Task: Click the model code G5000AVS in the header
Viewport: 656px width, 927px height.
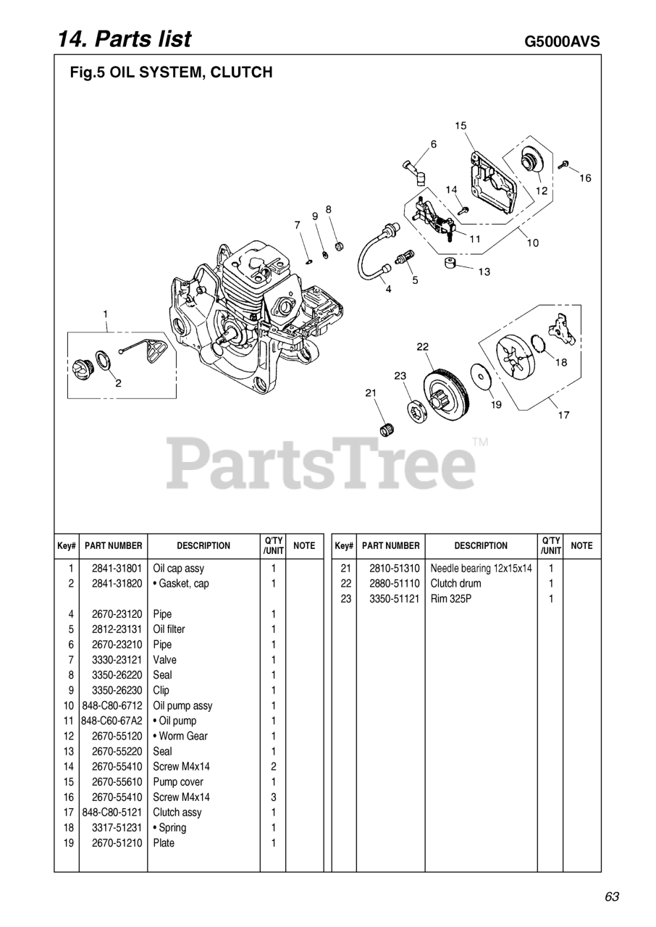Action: [562, 41]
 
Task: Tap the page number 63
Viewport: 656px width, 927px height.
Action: [612, 897]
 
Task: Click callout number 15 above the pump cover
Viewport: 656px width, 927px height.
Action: [461, 126]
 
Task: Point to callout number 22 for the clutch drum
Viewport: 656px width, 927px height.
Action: [423, 347]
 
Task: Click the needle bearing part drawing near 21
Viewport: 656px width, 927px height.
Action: [387, 427]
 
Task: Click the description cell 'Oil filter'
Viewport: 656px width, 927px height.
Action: [169, 629]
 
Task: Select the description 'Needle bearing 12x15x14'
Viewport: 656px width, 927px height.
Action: [481, 569]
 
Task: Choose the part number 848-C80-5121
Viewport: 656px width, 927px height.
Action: [112, 813]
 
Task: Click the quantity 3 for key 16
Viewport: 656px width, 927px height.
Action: [274, 797]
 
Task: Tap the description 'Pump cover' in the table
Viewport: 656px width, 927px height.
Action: [178, 782]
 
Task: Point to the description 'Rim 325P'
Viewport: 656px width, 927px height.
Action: [450, 599]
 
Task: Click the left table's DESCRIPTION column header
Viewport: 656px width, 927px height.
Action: [203, 546]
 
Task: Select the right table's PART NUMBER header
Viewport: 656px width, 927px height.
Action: [390, 546]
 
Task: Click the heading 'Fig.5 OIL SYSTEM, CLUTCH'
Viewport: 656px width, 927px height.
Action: [171, 72]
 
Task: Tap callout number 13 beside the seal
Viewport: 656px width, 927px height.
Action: [484, 272]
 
